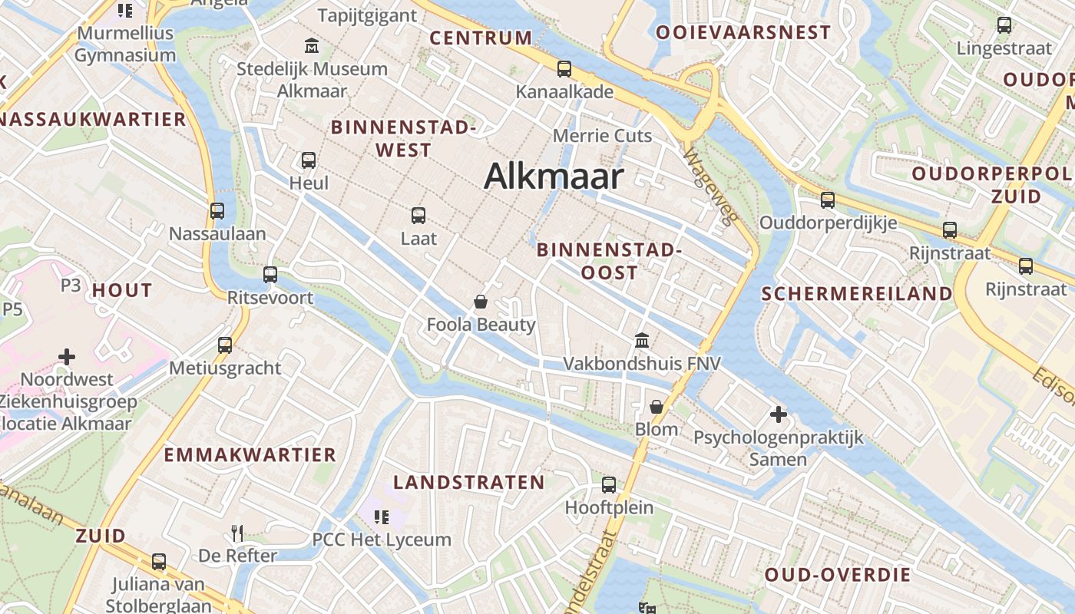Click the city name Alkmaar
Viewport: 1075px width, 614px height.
(x=554, y=177)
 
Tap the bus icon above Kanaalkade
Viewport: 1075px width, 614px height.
(x=564, y=69)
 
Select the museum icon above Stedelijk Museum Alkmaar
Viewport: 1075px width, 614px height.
(x=312, y=45)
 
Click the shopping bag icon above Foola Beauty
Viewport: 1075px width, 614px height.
(x=481, y=302)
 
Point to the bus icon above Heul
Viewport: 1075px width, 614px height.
(x=309, y=160)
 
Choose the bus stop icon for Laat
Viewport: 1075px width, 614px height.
(x=418, y=216)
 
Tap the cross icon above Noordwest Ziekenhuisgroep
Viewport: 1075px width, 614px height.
(x=67, y=357)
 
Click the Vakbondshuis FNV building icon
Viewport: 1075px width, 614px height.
(x=642, y=339)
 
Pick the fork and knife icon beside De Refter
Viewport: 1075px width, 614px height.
(x=237, y=533)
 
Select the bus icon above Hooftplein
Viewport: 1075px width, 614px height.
(x=609, y=484)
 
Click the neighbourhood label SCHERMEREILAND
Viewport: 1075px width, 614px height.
(x=857, y=293)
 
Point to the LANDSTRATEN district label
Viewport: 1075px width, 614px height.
(x=469, y=482)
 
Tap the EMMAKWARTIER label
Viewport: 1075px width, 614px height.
(x=250, y=454)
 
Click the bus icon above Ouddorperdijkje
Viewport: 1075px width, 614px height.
(x=828, y=200)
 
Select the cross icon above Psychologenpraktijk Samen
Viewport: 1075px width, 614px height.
(x=779, y=414)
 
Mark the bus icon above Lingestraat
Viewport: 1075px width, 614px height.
(x=1004, y=25)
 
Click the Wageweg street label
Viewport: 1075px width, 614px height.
(x=710, y=185)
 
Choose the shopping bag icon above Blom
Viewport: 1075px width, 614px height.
(x=657, y=407)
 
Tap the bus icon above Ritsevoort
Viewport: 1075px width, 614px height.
(x=270, y=275)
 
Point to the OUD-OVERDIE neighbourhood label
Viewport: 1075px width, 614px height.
(x=838, y=575)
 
